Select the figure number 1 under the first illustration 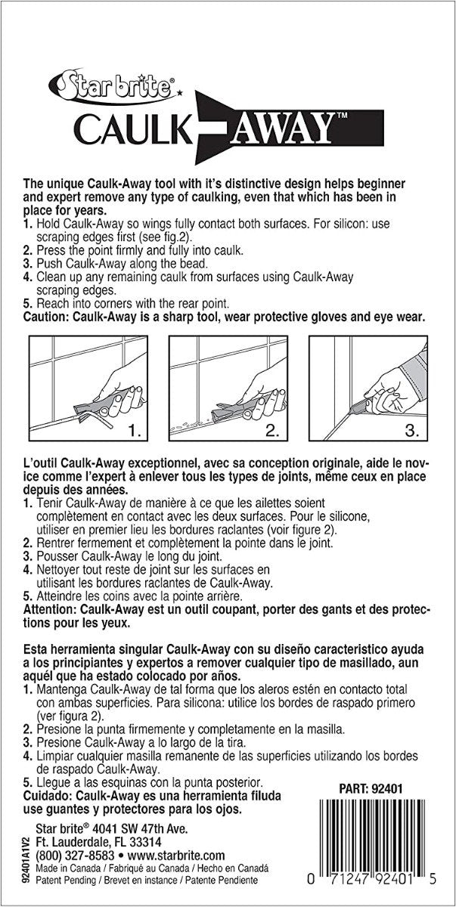[x=135, y=432]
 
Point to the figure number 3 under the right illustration [x=411, y=432]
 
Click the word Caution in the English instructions [x=50, y=318]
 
